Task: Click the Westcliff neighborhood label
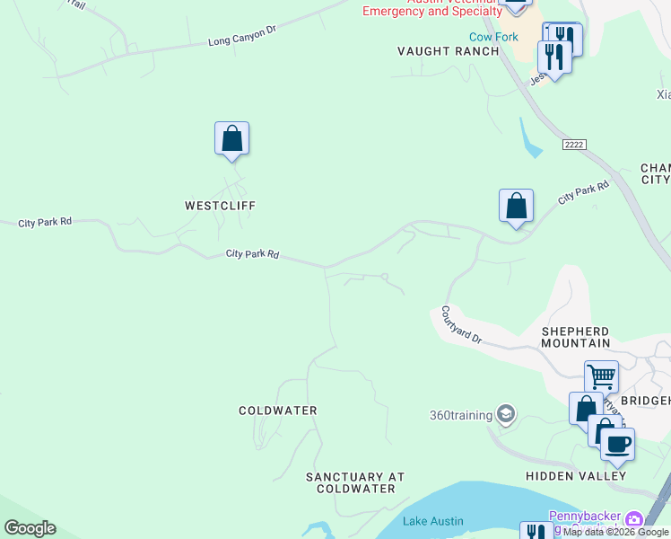[x=220, y=206]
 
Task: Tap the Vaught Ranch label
[x=448, y=51]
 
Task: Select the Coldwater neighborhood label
[x=278, y=411]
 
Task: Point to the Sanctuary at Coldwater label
[x=355, y=482]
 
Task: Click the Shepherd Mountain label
[x=575, y=337]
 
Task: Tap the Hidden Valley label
[x=576, y=475]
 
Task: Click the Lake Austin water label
[x=433, y=521]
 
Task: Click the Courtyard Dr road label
[x=461, y=326]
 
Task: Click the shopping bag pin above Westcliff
[x=231, y=139]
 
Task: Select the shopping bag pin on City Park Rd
[x=517, y=207]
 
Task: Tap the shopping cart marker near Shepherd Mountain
[x=601, y=376]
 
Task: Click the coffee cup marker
[x=617, y=443]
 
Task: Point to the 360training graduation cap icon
[x=505, y=414]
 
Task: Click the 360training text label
[x=461, y=415]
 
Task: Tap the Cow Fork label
[x=493, y=37]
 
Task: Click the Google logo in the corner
[x=30, y=528]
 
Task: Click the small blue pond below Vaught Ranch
[x=529, y=139]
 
